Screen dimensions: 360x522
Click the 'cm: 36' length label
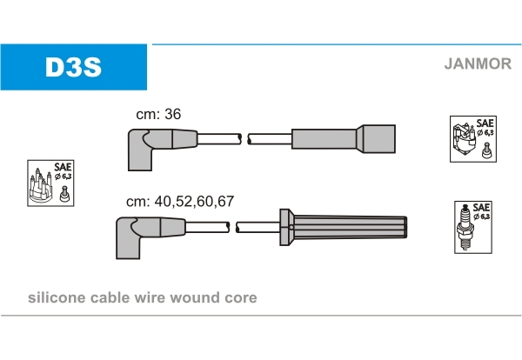pyautogui.click(x=158, y=114)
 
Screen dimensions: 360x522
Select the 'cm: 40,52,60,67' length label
pyautogui.click(x=180, y=201)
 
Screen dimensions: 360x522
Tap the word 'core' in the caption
pyautogui.click(x=241, y=297)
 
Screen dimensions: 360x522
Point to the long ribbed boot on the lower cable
pyautogui.click(x=348, y=228)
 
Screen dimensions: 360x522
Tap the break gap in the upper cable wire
pyautogui.click(x=244, y=138)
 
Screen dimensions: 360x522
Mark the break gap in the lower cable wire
pyautogui.click(x=233, y=228)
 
